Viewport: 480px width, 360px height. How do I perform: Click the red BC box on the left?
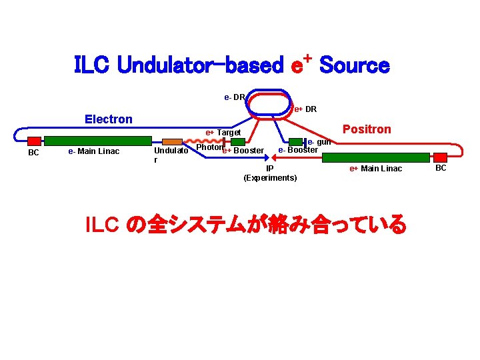point(35,141)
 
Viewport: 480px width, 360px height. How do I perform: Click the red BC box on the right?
point(440,157)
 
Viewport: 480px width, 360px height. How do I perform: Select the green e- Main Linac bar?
point(98,141)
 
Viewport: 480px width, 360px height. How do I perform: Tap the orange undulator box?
point(172,141)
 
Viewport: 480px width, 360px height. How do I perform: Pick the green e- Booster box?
point(295,141)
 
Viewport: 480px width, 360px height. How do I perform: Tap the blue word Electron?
point(109,119)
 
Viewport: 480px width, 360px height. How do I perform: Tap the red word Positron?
point(367,129)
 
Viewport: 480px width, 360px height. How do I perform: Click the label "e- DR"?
point(235,97)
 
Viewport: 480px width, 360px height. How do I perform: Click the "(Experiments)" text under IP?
point(270,178)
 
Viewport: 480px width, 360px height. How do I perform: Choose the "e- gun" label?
point(319,142)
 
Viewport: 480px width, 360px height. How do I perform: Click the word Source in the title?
point(354,66)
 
